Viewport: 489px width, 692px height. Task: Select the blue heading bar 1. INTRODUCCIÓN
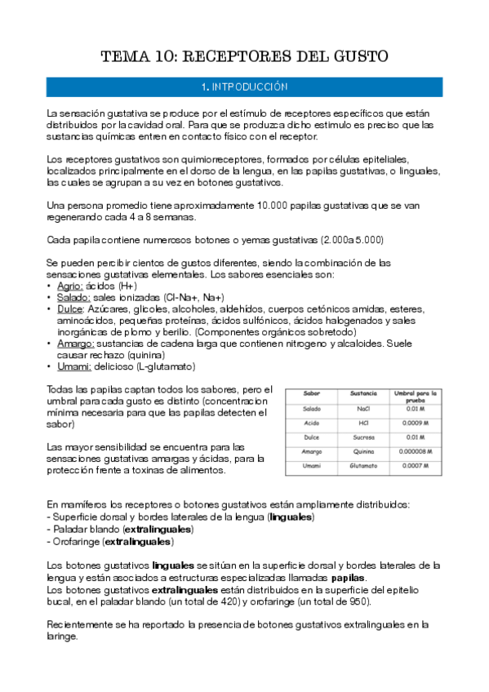pos(244,86)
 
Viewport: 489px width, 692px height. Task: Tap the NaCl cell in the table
pos(363,409)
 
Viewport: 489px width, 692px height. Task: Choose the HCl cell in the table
pos(363,423)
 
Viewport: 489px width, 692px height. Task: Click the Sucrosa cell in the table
pos(363,437)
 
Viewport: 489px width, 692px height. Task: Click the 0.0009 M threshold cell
pos(417,423)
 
